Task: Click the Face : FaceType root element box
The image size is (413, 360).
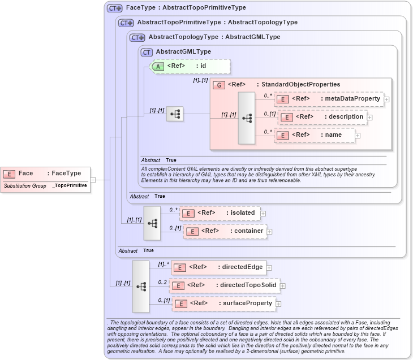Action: tap(45, 174)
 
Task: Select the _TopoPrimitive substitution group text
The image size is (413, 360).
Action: tap(70, 185)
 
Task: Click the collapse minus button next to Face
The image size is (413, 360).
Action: tap(93, 180)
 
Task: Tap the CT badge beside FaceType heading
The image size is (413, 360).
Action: tap(115, 8)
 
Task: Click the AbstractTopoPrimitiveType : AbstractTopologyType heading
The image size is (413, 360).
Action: tap(217, 23)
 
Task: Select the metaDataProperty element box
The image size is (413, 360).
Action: tap(328, 99)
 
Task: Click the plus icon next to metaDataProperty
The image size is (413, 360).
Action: tap(386, 99)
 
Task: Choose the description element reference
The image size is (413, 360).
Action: tap(322, 117)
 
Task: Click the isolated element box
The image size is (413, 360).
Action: tap(220, 213)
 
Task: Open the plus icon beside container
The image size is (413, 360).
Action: tap(270, 231)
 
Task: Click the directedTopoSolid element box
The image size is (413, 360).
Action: tap(224, 285)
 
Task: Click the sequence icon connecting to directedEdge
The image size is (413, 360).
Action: tap(141, 287)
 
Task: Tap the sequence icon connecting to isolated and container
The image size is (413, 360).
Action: tap(152, 223)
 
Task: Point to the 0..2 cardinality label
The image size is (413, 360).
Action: tap(162, 282)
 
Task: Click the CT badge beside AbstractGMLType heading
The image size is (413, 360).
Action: tap(147, 52)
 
